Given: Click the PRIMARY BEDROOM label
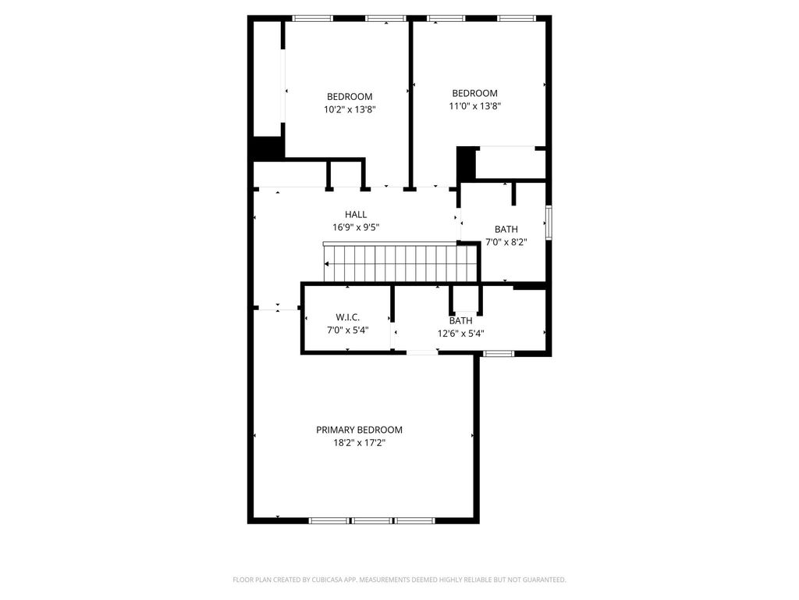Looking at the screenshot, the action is click(359, 430).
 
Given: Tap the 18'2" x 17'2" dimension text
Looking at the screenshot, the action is click(359, 443).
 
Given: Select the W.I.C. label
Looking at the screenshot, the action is click(347, 317).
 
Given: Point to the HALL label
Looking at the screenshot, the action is click(356, 215).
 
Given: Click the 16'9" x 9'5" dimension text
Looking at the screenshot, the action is click(356, 227).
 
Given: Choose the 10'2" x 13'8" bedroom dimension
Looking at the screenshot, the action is click(350, 109).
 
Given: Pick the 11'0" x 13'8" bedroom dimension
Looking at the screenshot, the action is click(475, 106).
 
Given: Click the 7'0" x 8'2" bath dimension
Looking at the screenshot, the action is click(506, 242).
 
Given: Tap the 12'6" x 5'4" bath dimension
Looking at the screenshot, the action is click(460, 334).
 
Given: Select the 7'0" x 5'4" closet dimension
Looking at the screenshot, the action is click(347, 330).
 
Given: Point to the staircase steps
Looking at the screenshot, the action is click(400, 263).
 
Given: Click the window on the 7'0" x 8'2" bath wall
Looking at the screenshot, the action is click(549, 223).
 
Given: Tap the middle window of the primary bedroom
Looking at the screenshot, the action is click(372, 520).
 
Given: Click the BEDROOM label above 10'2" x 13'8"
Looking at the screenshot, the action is click(350, 96).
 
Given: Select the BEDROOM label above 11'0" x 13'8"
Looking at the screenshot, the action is click(475, 94).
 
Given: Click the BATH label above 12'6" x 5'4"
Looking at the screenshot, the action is click(460, 321).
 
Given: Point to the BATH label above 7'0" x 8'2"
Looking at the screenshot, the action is click(506, 229).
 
